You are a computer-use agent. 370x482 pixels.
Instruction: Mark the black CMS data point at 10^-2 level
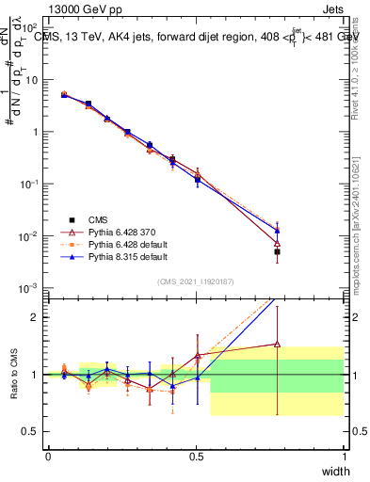(277, 252)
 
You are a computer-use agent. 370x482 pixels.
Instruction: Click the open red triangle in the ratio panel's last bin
(277, 344)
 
